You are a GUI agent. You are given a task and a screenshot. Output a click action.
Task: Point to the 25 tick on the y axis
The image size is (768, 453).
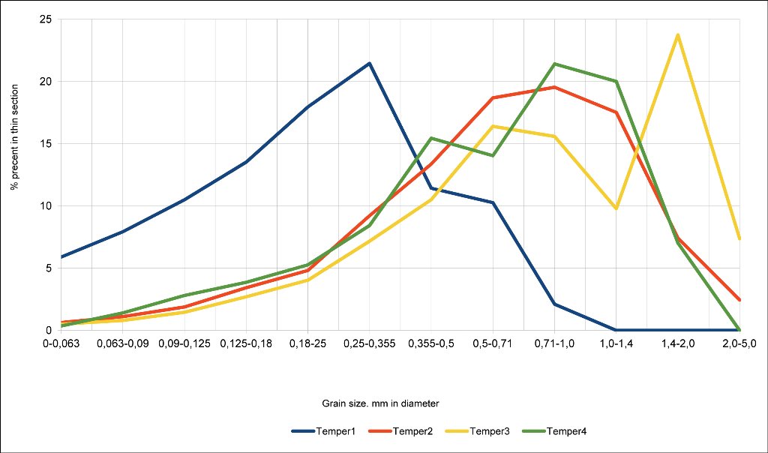[46, 19]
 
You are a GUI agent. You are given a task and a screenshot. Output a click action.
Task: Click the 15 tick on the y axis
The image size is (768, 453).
[46, 144]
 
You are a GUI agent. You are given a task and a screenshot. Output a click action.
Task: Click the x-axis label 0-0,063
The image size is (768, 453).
[61, 343]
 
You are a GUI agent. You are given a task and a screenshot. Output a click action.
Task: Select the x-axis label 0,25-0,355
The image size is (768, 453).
[369, 343]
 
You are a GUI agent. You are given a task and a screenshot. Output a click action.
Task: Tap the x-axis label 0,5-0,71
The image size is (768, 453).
[493, 343]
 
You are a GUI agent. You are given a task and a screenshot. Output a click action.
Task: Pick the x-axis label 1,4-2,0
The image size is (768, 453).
[678, 343]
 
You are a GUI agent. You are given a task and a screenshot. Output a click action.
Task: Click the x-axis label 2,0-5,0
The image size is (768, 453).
[739, 343]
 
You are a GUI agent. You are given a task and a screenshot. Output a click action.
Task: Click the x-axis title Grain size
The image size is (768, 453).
[385, 403]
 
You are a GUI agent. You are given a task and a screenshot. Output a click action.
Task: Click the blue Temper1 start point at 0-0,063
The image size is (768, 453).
[61, 256]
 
